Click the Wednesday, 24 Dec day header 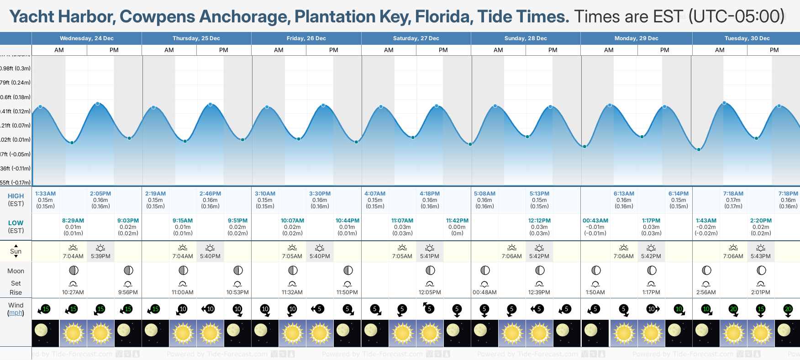pyautogui.click(x=87, y=38)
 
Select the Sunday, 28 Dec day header pyautogui.click(x=526, y=38)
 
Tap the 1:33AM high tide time pyautogui.click(x=45, y=194)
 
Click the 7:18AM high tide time pyautogui.click(x=733, y=194)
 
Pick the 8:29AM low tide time pyautogui.click(x=73, y=221)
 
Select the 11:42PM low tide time pyautogui.click(x=457, y=221)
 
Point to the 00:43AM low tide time pyautogui.click(x=595, y=221)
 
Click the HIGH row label pyautogui.click(x=16, y=196)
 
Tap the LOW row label pyautogui.click(x=16, y=223)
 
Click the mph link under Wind pyautogui.click(x=16, y=313)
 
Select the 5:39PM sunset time pyautogui.click(x=100, y=256)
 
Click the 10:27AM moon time pyautogui.click(x=73, y=292)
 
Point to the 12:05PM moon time pyautogui.click(x=430, y=292)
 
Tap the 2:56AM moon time pyautogui.click(x=706, y=292)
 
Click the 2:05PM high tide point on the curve pyautogui.click(x=98, y=104)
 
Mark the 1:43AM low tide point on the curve pyautogui.click(x=699, y=149)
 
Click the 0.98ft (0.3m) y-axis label pyautogui.click(x=16, y=69)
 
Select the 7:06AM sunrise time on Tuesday pyautogui.click(x=733, y=256)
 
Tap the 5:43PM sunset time pyautogui.click(x=761, y=256)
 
